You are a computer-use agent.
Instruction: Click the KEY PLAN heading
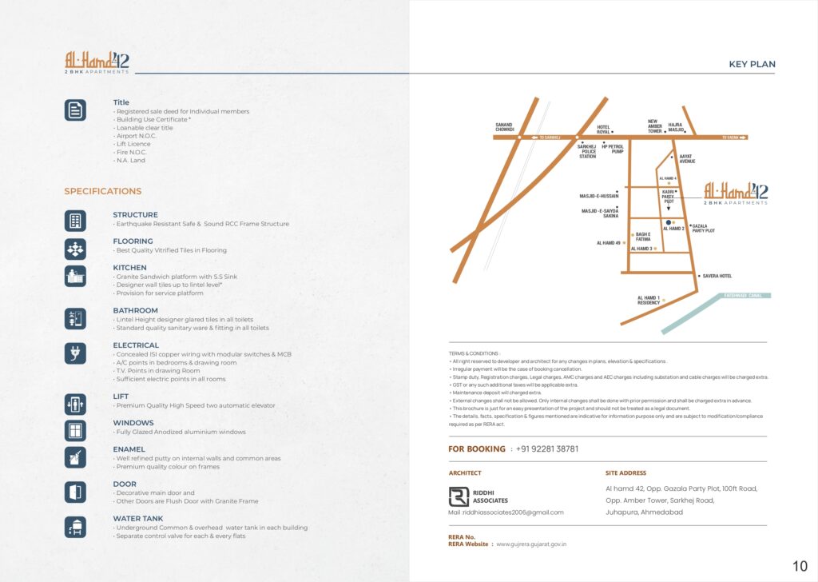point(752,65)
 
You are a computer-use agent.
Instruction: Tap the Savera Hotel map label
point(717,276)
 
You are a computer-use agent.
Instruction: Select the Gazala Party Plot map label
point(703,228)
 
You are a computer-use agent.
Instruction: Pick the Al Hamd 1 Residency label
point(649,301)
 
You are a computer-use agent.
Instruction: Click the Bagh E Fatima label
point(643,236)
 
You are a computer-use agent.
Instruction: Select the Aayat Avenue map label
point(687,159)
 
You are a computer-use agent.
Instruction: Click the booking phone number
point(547,449)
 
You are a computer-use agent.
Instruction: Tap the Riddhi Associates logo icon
point(459,496)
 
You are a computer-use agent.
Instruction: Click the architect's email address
point(506,512)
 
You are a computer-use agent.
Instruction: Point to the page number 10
point(800,567)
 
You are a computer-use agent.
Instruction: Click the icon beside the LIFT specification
point(75,405)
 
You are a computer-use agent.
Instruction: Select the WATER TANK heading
point(137,519)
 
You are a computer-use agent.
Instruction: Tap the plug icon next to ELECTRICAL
point(75,353)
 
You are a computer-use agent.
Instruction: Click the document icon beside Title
point(75,110)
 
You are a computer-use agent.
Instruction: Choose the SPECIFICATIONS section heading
point(102,191)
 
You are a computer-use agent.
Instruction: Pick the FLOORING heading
point(133,241)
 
